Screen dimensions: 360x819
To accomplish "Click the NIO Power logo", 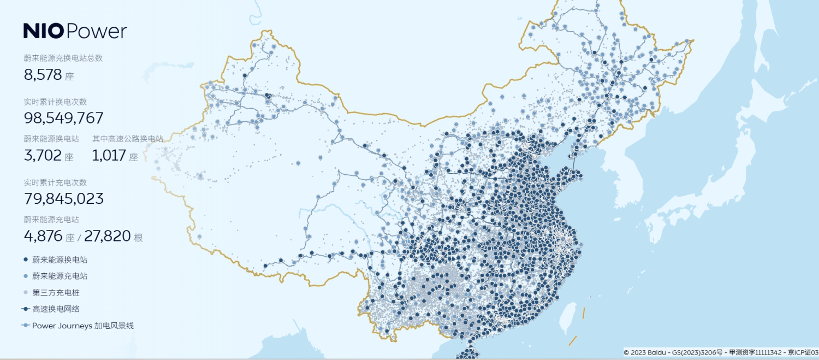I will (75, 31).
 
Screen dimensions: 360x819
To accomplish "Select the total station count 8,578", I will (43, 75).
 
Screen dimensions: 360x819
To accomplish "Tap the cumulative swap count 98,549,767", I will (63, 118).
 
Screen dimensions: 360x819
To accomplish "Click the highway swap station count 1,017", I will (109, 156).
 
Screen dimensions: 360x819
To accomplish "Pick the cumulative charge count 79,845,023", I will (63, 198).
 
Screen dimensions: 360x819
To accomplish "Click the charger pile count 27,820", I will (108, 236).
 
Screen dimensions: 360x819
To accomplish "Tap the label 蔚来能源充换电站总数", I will (63, 58).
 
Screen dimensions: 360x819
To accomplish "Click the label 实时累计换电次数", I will (55, 102).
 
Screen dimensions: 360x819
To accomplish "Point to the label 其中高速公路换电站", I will (127, 139).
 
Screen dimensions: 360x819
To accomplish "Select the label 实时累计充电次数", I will (55, 182).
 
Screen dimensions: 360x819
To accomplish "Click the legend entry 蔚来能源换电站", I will (60, 259).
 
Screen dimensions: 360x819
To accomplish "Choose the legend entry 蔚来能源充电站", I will (60, 276).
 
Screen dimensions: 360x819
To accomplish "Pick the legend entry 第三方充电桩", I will (56, 292).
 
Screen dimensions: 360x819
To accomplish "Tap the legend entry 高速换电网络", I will (56, 309).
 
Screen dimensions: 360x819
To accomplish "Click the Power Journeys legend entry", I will (82, 326).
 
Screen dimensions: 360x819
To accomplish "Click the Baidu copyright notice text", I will (721, 352).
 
